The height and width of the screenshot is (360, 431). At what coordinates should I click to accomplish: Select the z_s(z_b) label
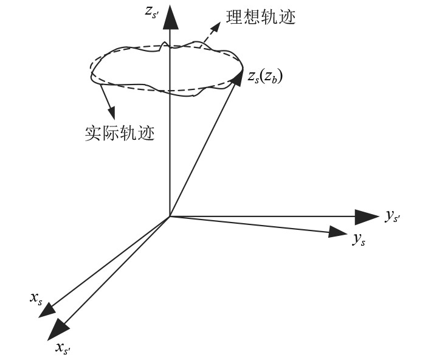[266, 77]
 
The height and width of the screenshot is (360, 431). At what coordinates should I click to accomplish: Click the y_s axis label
[359, 239]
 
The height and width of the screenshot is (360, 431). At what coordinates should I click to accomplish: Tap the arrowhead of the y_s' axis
[367, 216]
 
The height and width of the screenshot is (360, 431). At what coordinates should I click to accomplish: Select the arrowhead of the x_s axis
[46, 310]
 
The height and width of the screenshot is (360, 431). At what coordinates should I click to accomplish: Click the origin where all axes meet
[170, 216]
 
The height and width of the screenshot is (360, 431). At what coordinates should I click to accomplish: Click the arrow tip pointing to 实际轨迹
[111, 114]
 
